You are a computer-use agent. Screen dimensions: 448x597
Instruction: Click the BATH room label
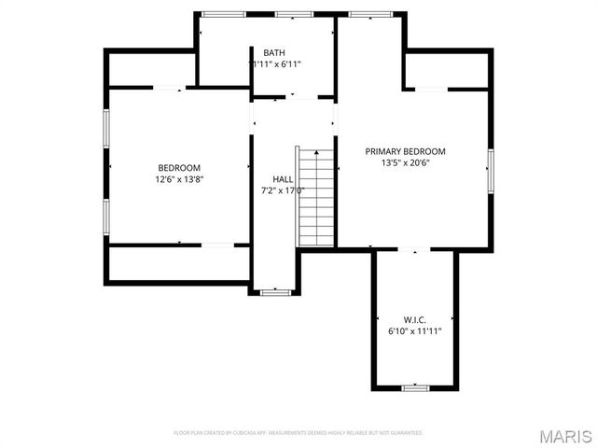coord(274,52)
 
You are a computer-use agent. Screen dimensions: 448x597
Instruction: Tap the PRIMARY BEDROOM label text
coord(405,151)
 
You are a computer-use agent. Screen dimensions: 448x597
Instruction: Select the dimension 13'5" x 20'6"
coord(405,162)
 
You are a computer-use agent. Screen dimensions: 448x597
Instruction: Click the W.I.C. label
coord(414,318)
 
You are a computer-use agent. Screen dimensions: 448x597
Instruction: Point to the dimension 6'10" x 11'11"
coord(414,330)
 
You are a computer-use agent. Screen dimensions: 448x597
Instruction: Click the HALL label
coord(283,178)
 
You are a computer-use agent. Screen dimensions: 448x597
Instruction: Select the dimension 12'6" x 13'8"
coord(179,179)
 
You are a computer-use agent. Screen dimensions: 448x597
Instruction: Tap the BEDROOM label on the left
coord(179,168)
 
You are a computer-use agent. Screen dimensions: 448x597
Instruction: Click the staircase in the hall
coord(316,196)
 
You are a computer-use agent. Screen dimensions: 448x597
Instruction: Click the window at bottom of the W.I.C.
coord(414,386)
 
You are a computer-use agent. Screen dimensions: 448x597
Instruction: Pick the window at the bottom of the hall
coord(275,292)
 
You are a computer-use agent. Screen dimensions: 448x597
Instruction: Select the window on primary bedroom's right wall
coord(489,170)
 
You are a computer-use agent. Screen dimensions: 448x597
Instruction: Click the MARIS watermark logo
coord(563,436)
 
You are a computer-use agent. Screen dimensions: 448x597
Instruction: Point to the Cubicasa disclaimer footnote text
coord(298,433)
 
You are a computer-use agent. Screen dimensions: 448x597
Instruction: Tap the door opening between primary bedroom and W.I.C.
coord(414,249)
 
